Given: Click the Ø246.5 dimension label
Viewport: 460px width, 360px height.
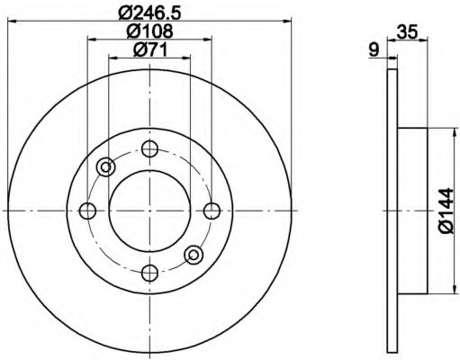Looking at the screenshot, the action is click(x=150, y=13).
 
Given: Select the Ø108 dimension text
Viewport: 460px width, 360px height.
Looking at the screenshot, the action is click(x=149, y=31).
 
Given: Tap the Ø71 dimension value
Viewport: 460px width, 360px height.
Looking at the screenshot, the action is click(x=149, y=49).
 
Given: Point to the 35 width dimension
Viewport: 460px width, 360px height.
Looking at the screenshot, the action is click(x=407, y=31).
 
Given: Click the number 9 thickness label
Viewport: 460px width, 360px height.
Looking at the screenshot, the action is click(x=374, y=49).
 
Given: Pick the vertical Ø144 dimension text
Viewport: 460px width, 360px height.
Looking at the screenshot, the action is click(x=446, y=211).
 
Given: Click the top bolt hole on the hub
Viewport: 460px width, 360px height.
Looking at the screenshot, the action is click(x=149, y=148).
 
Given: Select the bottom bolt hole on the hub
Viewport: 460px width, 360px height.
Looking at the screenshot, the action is click(x=149, y=273).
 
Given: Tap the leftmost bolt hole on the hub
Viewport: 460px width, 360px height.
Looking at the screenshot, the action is click(x=87, y=211).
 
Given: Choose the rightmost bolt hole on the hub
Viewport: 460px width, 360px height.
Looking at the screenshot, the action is click(x=212, y=211).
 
